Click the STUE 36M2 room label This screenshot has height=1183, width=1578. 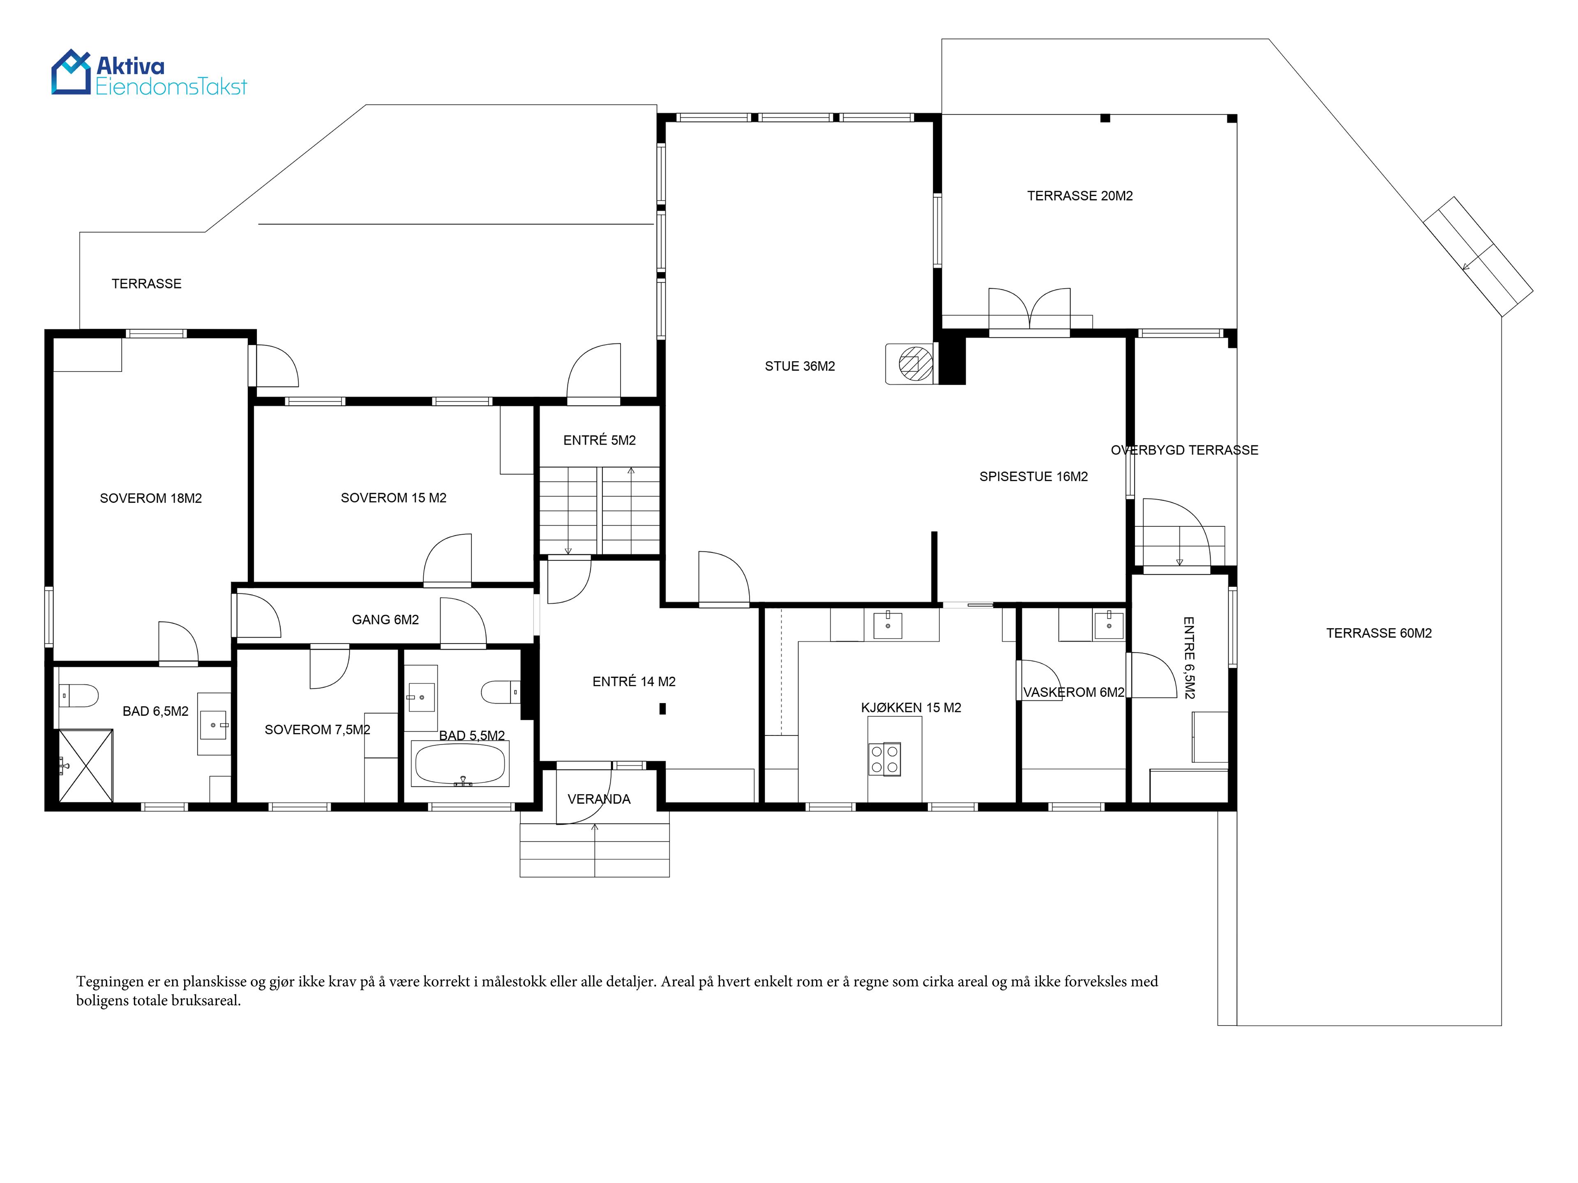tap(800, 366)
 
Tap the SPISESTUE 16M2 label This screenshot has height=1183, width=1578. tap(1033, 477)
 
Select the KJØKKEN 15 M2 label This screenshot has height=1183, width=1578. tap(911, 708)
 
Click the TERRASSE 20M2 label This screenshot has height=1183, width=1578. tap(1080, 196)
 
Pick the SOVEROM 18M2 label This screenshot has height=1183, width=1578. tap(150, 498)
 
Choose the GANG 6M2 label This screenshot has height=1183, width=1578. tap(385, 619)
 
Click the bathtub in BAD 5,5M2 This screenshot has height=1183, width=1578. tap(460, 764)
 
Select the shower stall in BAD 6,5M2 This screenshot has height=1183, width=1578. tap(85, 766)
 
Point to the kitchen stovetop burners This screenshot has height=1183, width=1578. tap(885, 759)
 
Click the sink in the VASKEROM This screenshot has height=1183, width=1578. tap(1109, 625)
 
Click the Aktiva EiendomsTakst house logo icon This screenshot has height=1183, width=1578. tap(72, 71)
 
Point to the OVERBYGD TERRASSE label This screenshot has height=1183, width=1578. tap(1184, 450)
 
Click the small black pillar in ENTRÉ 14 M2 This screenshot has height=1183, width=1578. tap(663, 708)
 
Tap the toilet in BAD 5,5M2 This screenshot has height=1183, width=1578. tap(501, 692)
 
